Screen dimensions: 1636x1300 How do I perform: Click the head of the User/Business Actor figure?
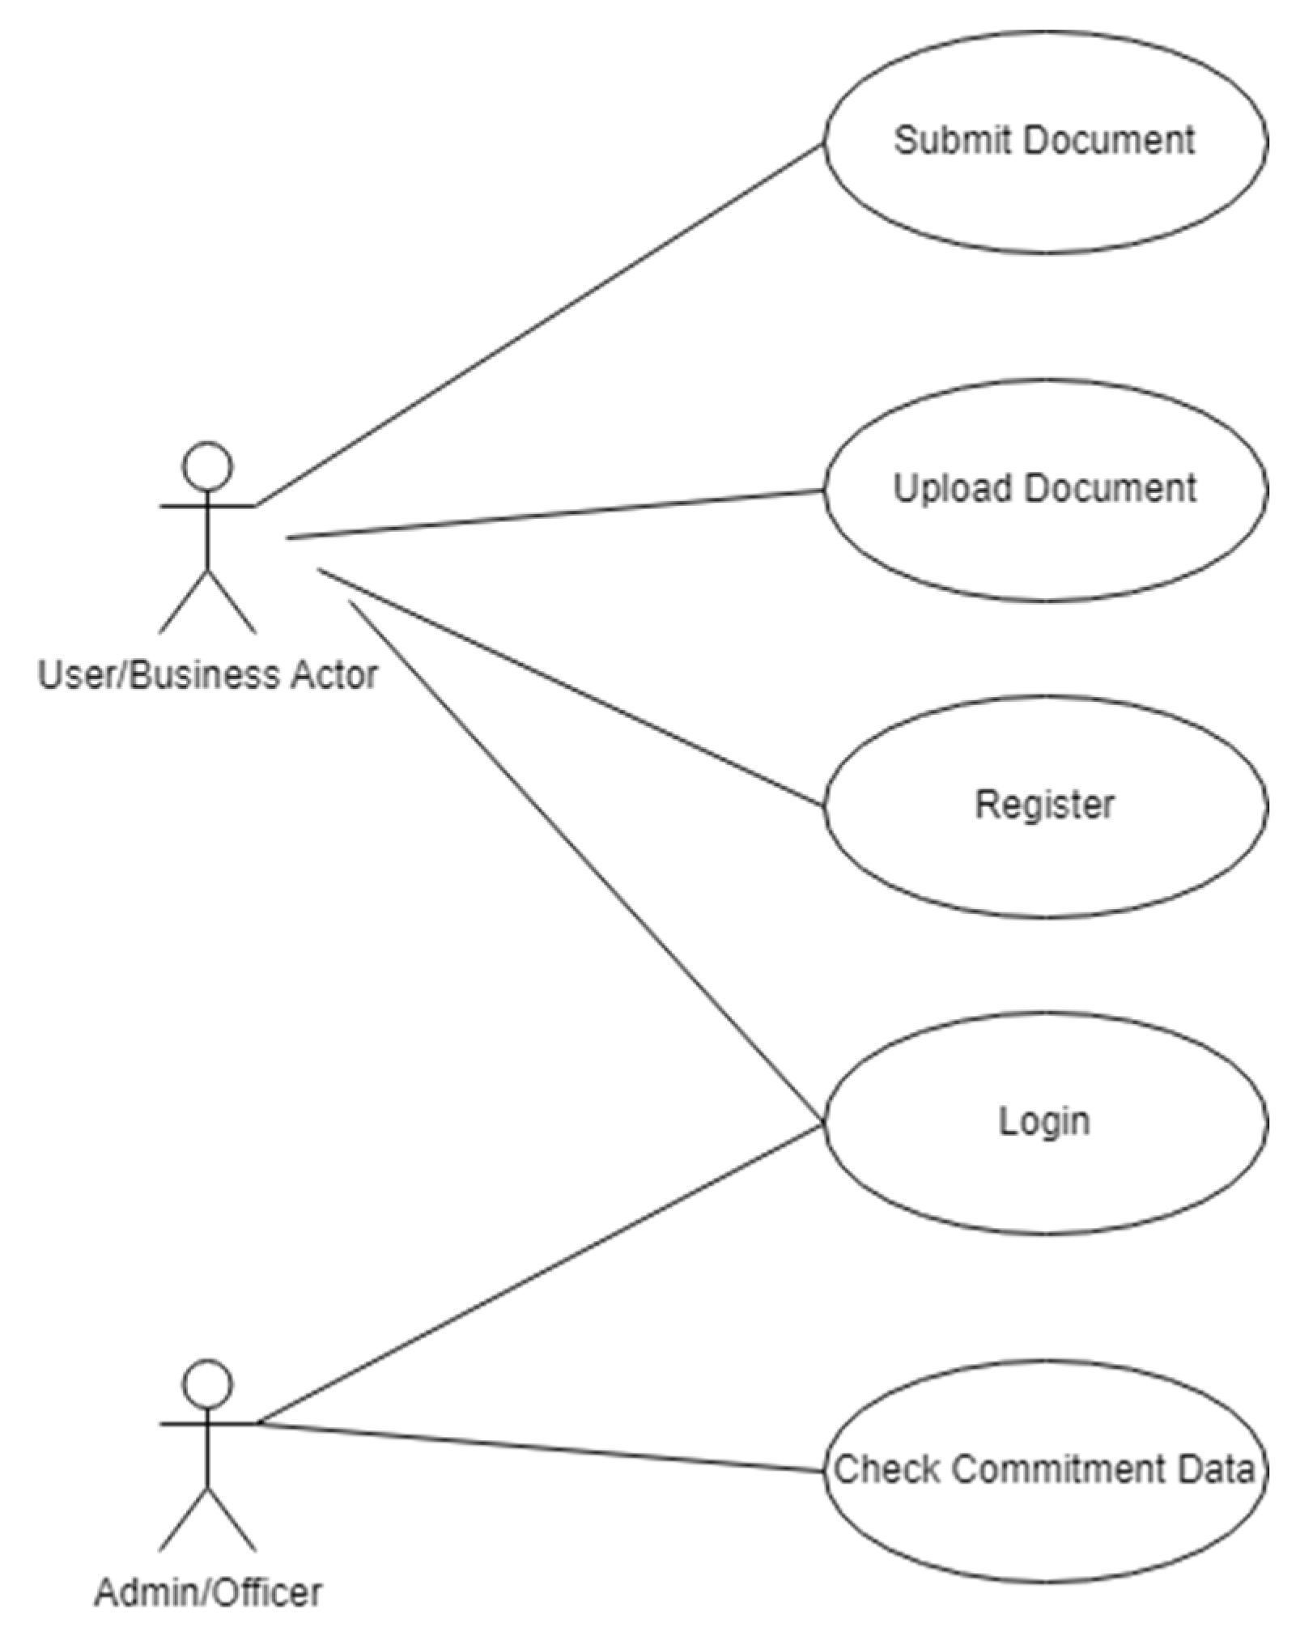pyautogui.click(x=208, y=466)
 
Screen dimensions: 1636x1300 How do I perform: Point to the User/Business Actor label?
pyautogui.click(x=208, y=674)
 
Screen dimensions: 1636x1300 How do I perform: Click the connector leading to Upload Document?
pyautogui.click(x=555, y=514)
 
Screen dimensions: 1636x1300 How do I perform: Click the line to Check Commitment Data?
pyautogui.click(x=538, y=1446)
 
